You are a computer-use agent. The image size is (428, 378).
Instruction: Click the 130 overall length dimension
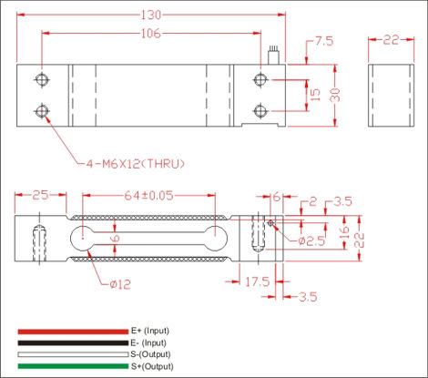[x=149, y=14]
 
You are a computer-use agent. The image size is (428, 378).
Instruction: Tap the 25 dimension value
[x=39, y=196]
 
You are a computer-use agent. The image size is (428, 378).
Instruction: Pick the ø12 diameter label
[x=119, y=284]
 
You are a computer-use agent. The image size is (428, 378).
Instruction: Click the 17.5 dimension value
[x=257, y=283]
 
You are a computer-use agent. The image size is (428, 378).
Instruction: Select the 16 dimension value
[x=344, y=233]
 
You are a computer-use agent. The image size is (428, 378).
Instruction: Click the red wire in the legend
[x=73, y=330]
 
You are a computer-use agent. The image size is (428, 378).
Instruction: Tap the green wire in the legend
[x=73, y=365]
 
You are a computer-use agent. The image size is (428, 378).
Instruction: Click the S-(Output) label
[x=151, y=353]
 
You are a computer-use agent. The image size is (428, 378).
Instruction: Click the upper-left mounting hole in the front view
[x=40, y=79]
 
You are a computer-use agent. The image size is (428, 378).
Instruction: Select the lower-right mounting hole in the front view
[x=260, y=110]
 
